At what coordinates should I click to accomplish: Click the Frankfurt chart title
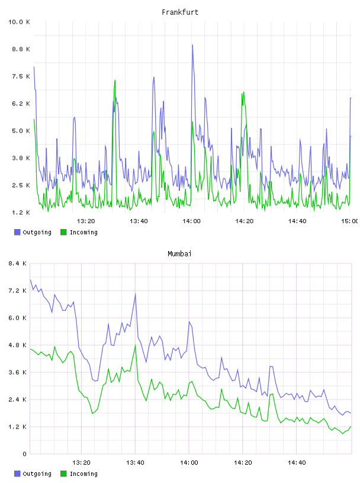[x=180, y=12]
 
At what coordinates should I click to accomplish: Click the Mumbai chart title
[x=179, y=254]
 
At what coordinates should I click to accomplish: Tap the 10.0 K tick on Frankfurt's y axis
[x=19, y=22]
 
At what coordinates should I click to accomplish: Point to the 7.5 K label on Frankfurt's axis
[x=21, y=76]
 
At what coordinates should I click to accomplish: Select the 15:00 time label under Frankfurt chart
[x=350, y=221]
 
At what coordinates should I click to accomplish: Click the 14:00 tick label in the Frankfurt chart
[x=191, y=221]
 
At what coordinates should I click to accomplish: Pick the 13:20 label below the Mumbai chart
[x=81, y=463]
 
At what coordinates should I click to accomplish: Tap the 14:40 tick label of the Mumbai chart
[x=297, y=463]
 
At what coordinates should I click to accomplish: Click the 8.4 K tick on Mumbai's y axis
[x=17, y=263]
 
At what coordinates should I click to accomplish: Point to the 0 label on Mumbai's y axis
[x=24, y=454]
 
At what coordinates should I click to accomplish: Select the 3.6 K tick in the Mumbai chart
[x=17, y=372]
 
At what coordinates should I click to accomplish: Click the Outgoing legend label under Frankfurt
[x=37, y=232]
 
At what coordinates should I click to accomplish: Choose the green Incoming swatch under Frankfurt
[x=63, y=232]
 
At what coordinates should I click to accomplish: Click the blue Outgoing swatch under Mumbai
[x=17, y=474]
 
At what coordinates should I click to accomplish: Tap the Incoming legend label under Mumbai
[x=83, y=474]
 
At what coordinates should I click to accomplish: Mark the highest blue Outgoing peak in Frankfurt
[x=192, y=45]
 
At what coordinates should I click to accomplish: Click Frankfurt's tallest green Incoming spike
[x=115, y=80]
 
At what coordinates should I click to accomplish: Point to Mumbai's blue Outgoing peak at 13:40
[x=136, y=294]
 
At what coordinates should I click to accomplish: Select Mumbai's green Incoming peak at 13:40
[x=136, y=345]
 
